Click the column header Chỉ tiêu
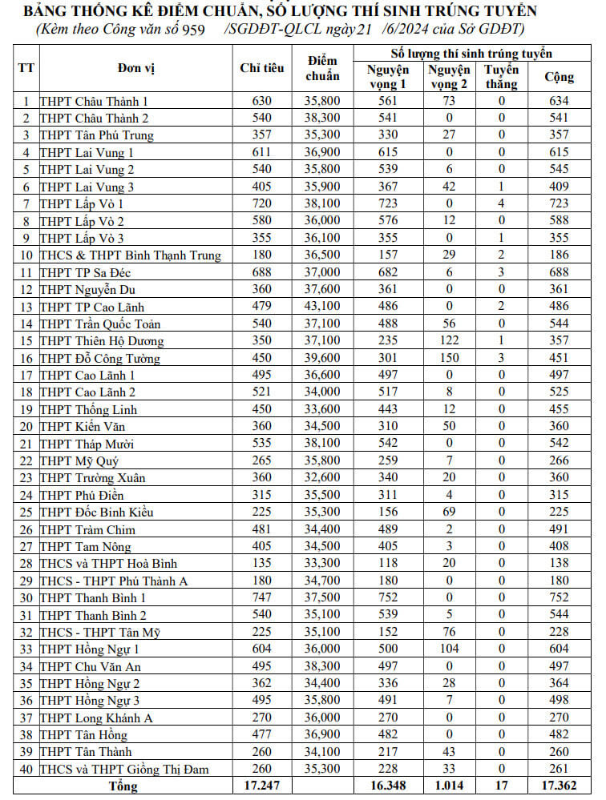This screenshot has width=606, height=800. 262,68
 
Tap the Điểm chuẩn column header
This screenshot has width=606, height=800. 323,68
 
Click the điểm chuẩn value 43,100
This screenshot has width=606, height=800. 323,307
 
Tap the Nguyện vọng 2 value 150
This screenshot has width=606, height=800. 449,358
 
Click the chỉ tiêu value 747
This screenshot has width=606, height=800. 262,597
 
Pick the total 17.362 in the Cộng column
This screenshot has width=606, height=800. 559,786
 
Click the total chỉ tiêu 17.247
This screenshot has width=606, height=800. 262,786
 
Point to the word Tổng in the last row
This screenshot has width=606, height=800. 123,786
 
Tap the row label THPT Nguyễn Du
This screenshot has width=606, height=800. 87,289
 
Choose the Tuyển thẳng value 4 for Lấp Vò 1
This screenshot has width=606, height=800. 502,203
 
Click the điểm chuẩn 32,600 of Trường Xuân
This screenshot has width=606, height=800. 323,477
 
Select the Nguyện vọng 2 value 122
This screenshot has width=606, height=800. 449,340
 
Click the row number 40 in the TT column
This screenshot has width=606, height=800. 26,769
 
